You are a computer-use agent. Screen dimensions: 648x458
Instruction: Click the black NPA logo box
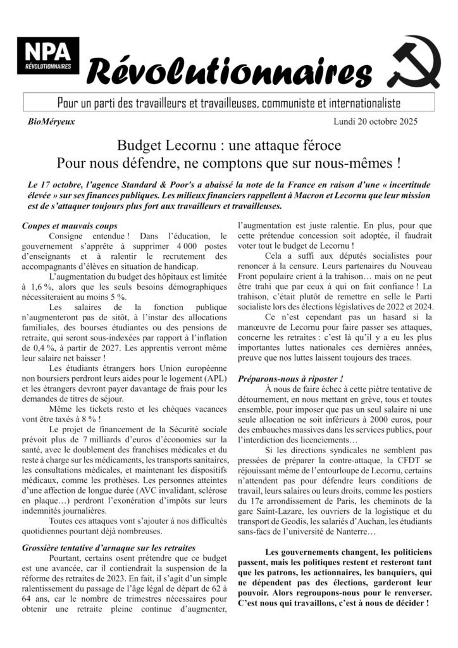pos(48,55)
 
